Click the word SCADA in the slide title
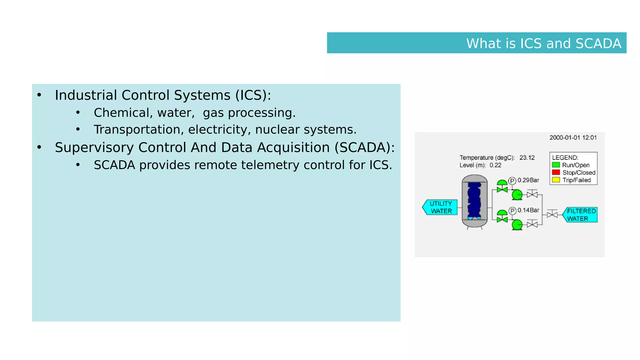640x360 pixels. (x=598, y=43)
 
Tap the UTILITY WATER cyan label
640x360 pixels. (x=441, y=207)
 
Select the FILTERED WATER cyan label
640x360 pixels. (x=581, y=215)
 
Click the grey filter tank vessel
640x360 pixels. (x=474, y=201)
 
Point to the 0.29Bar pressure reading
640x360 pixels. (x=528, y=180)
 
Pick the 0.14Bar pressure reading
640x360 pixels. (x=528, y=210)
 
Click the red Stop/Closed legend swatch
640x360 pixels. (x=556, y=172)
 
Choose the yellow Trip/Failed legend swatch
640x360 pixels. (x=556, y=180)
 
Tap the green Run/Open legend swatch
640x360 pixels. (x=556, y=165)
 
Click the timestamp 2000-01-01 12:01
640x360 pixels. (x=573, y=137)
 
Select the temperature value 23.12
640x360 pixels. (x=527, y=157)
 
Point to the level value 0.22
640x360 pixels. (x=495, y=165)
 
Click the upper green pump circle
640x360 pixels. (x=517, y=195)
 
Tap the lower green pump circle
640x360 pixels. (x=517, y=224)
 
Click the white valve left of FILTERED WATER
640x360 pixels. (x=552, y=214)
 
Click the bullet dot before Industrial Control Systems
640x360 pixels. (x=39, y=95)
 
